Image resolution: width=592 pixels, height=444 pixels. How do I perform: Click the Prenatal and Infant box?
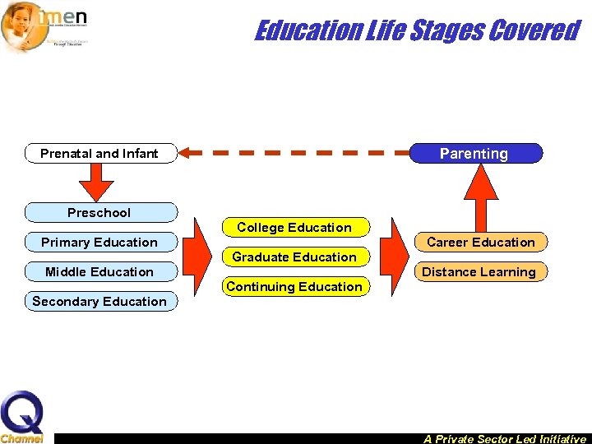click(100, 153)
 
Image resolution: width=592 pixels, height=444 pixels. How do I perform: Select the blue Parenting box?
click(474, 153)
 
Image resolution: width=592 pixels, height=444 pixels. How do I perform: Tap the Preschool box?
click(100, 212)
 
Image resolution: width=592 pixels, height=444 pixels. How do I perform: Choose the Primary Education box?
click(100, 242)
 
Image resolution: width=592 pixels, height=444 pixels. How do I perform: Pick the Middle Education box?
click(100, 271)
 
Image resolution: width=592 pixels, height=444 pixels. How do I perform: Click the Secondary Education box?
click(100, 301)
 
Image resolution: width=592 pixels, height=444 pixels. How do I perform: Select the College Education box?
click(294, 227)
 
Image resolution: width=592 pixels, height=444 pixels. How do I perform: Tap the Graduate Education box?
click(294, 257)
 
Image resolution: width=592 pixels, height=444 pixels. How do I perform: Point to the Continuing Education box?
click(294, 286)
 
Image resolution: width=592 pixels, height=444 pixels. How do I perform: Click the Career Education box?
click(480, 242)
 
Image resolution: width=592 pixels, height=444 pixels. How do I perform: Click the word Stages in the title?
click(444, 30)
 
